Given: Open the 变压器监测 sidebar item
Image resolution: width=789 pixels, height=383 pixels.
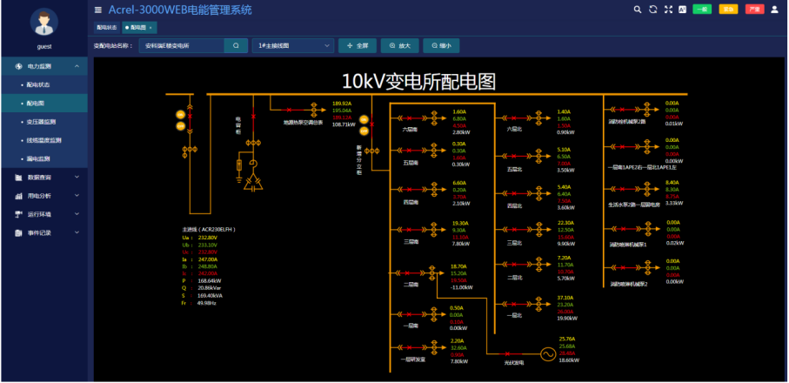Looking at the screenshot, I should coord(42,122).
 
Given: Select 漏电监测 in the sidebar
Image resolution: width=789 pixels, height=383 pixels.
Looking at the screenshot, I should coord(40,159).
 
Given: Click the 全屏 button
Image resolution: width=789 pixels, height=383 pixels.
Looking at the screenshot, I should coord(358,45).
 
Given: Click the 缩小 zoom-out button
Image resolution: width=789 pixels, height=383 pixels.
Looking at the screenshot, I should coord(441,45).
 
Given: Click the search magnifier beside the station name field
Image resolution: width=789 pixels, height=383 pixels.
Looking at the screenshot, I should coord(235,45).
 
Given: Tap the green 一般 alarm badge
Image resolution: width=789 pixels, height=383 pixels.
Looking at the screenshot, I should coord(701,10).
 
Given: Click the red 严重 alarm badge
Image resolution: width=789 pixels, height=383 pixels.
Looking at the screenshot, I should coord(754,10).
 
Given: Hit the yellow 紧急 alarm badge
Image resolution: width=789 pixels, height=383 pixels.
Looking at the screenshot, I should coord(728,10).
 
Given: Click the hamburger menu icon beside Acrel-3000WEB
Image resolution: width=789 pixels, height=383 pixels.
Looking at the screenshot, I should coord(98,10).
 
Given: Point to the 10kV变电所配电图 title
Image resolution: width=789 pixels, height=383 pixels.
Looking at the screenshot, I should coord(418,82).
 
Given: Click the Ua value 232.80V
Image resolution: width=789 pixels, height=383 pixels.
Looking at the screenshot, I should coord(207,238).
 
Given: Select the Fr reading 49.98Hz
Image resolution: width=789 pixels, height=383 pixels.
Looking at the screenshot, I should coord(207,303).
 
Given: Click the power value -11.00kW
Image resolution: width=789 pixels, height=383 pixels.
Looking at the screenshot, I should coord(462,287).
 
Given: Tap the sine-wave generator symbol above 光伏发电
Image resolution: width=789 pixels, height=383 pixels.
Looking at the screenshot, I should coord(548,353).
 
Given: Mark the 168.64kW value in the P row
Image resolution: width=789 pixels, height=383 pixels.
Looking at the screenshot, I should coord(210,281).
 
